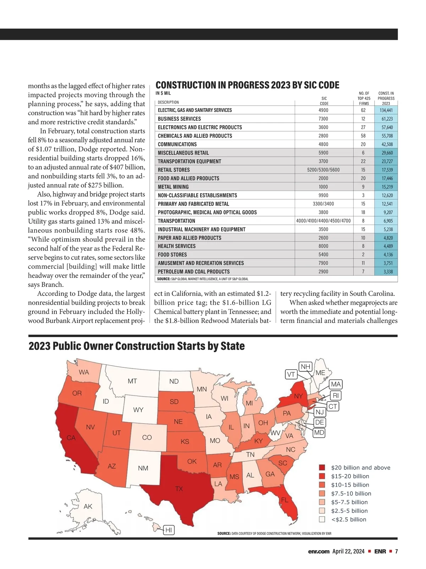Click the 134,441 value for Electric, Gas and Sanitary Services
[386, 110]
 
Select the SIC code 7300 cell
[323, 119]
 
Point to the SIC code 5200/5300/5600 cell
[323, 170]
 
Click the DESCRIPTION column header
[168, 102]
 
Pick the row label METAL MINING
[173, 187]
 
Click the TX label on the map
[179, 489]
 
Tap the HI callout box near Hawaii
[169, 530]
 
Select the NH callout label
[306, 367]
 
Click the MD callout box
[319, 433]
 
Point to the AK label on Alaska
[88, 506]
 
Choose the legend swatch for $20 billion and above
[322, 468]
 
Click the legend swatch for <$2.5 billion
[322, 520]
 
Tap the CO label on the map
[147, 437]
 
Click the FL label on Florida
[285, 500]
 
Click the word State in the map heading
[232, 346]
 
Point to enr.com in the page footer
[319, 552]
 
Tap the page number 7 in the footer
[396, 552]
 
